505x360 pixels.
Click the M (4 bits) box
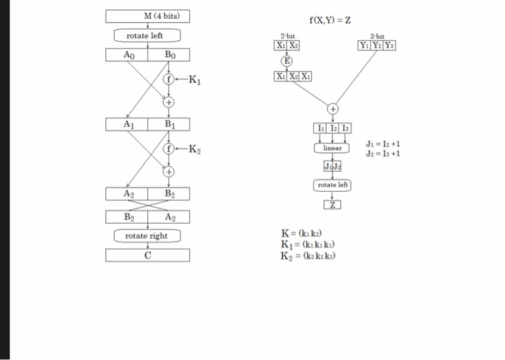(147, 16)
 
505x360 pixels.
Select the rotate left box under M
(147, 35)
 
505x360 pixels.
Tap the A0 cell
(127, 55)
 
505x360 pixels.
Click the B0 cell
(169, 55)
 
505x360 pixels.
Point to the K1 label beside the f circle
(194, 81)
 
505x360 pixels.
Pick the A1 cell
(127, 124)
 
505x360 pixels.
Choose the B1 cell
(169, 124)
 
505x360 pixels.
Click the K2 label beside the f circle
(194, 150)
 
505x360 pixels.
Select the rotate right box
(147, 236)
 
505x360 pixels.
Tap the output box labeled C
(147, 254)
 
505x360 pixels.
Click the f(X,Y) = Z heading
(330, 19)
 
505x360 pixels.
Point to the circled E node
(287, 61)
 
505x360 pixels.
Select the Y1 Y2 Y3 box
(377, 45)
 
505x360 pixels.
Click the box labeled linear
(332, 148)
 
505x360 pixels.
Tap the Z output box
(332, 204)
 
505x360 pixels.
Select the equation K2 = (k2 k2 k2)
(308, 255)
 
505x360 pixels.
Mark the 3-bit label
(377, 35)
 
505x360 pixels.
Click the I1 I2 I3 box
(332, 128)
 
